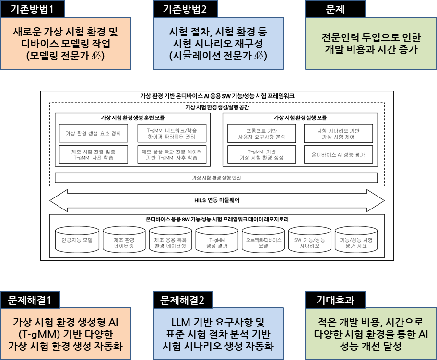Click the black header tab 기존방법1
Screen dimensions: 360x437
(x=32, y=8)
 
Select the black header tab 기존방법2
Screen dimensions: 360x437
(x=185, y=8)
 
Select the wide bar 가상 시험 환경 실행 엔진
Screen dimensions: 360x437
(x=216, y=178)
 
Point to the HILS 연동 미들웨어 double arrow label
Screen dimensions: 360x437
(x=216, y=200)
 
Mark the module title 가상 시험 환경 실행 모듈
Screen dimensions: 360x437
(x=300, y=117)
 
